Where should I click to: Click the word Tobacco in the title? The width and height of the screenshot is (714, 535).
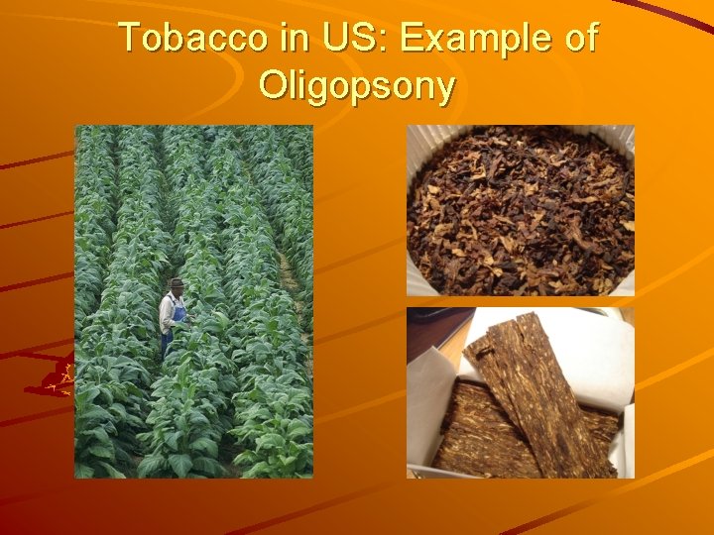(x=183, y=38)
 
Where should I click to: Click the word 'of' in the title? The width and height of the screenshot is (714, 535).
(x=578, y=38)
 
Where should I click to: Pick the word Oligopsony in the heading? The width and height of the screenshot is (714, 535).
(x=357, y=87)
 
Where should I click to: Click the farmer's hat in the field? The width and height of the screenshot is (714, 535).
(x=177, y=284)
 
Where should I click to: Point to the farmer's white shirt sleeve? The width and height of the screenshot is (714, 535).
(x=166, y=312)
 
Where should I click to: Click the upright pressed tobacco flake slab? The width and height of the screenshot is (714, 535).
(x=540, y=396)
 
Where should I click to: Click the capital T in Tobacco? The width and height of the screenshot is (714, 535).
(x=129, y=38)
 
